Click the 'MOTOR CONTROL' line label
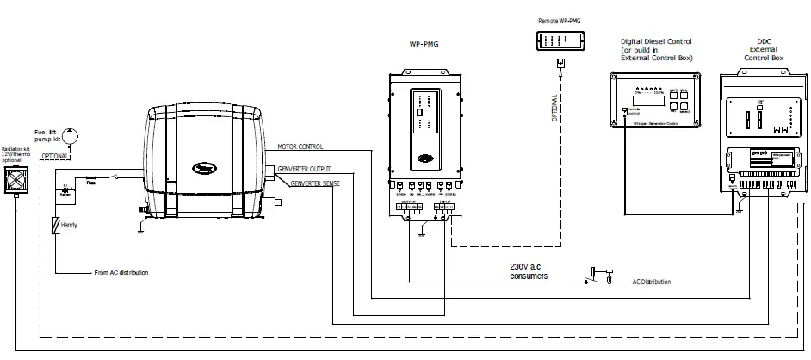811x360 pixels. tap(300, 146)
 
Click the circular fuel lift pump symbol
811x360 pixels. tap(70, 133)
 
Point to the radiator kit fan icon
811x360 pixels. tap(15, 182)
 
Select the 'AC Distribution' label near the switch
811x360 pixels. tap(652, 282)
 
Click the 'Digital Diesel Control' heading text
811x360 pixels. tap(656, 41)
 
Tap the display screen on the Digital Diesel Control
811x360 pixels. tap(647, 97)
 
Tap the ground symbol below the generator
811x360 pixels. tap(140, 229)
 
